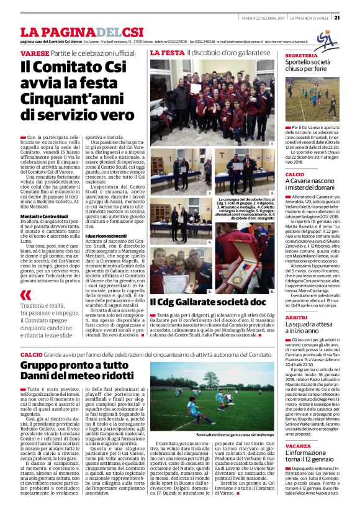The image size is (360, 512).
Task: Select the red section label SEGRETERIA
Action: [x=302, y=56]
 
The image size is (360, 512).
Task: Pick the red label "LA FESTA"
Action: [x=167, y=53]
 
